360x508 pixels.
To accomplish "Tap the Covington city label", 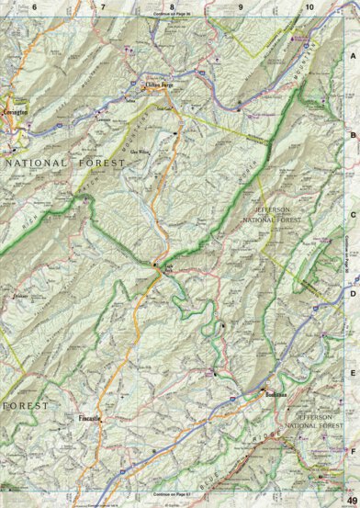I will click(16, 108).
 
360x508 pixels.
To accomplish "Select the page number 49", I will click(351, 499).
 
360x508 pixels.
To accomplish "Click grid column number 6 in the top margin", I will click(35, 7).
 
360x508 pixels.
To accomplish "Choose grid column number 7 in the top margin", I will click(103, 7).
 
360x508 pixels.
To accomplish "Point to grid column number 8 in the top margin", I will click(172, 7).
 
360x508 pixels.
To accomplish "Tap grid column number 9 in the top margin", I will click(241, 7).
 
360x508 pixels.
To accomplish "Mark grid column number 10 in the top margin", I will click(309, 7).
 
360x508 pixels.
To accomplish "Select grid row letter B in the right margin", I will click(353, 135).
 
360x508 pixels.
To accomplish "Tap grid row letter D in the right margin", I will click(353, 294).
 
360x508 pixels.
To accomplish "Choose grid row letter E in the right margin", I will click(353, 373).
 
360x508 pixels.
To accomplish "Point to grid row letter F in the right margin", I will click(353, 451).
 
